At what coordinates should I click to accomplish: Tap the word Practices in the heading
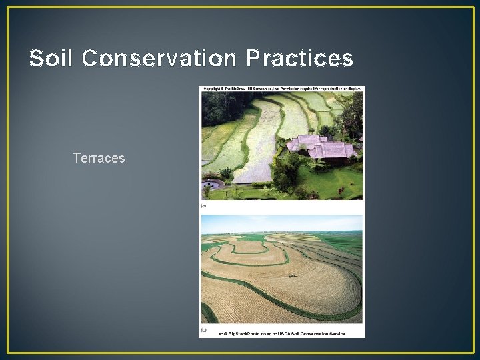coord(299,59)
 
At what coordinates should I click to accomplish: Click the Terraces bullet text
coord(99,158)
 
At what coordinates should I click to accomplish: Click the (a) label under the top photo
coord(204,207)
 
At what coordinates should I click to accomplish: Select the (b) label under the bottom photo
coord(204,329)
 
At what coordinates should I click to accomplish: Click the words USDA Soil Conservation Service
coord(313,334)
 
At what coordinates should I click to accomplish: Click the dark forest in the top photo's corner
coord(217,107)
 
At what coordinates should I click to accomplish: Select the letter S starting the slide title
coord(36,59)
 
